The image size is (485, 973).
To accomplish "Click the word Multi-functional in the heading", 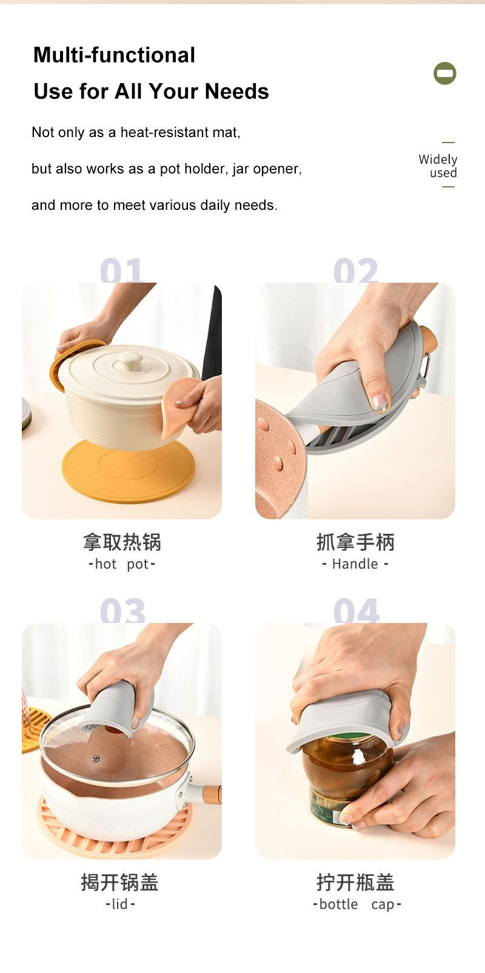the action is pyautogui.click(x=114, y=55).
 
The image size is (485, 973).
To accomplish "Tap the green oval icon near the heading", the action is pyautogui.click(x=444, y=73).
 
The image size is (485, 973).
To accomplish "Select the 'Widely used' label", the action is pyautogui.click(x=438, y=166).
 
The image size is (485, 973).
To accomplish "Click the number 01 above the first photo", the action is pyautogui.click(x=122, y=270).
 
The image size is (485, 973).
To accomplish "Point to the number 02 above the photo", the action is pyautogui.click(x=356, y=270).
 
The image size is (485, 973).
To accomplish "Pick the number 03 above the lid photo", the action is pyautogui.click(x=122, y=610).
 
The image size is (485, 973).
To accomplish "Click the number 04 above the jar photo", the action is pyautogui.click(x=356, y=610).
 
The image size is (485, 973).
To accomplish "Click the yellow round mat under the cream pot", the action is pyautogui.click(x=128, y=471).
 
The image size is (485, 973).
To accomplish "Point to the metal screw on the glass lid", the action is pyautogui.click(x=96, y=759).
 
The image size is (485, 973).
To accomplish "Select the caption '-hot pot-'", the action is pyautogui.click(x=122, y=564).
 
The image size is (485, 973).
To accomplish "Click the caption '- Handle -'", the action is pyautogui.click(x=355, y=564).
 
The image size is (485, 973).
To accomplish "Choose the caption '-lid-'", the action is pyautogui.click(x=120, y=904).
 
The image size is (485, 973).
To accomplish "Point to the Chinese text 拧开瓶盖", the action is pyautogui.click(x=356, y=882).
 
